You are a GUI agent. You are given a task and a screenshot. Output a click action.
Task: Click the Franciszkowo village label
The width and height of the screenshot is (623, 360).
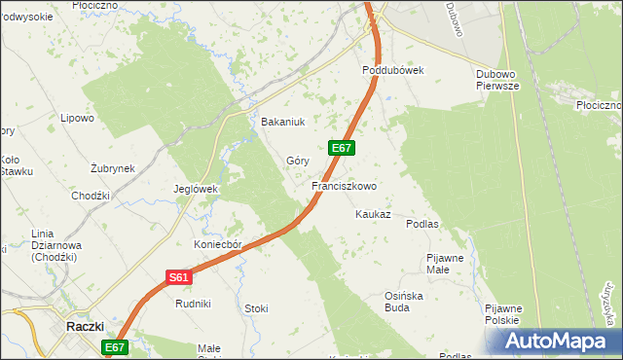click(x=344, y=185)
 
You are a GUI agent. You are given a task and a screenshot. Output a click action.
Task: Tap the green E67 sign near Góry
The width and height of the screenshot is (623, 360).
click(x=341, y=148)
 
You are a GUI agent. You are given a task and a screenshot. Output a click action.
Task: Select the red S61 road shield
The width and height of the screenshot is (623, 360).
click(x=177, y=277)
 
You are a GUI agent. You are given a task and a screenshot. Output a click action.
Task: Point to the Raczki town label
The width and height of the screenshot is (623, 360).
click(x=85, y=327)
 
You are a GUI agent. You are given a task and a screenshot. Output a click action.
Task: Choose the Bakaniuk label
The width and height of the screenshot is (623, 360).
click(x=283, y=123)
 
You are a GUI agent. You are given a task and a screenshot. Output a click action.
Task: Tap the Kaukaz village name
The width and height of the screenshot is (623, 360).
click(x=373, y=214)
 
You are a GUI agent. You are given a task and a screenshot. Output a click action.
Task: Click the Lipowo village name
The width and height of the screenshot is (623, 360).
click(x=77, y=119)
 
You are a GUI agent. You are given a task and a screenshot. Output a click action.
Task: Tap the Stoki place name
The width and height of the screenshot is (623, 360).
click(x=256, y=308)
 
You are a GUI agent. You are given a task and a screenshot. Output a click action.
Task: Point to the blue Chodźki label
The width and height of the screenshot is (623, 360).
click(x=91, y=196)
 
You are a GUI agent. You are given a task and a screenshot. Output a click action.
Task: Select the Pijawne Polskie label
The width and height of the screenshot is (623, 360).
click(x=502, y=314)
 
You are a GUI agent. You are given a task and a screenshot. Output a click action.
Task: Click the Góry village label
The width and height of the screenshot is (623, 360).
click(x=297, y=161)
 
